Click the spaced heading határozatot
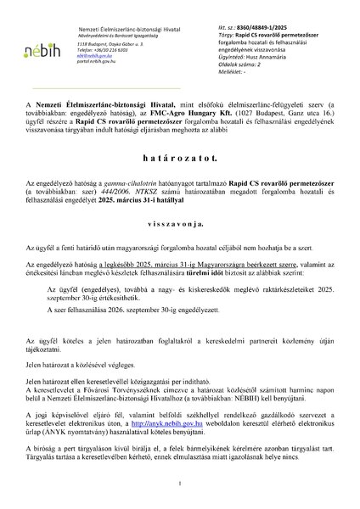click(x=179, y=170)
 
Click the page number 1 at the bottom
click(x=180, y=484)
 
